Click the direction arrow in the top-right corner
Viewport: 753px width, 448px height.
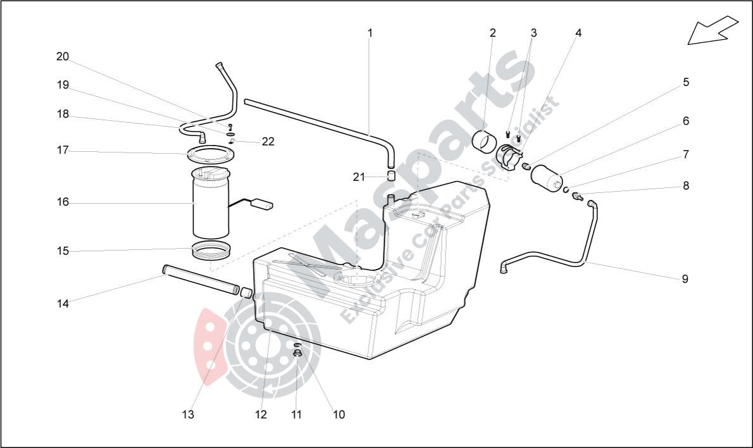(x=713, y=30)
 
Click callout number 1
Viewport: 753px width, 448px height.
(x=370, y=33)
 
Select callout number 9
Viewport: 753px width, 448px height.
(x=685, y=279)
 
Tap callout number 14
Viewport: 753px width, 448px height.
(x=63, y=304)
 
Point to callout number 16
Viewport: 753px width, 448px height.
(x=63, y=202)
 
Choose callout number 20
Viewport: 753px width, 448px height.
(x=63, y=57)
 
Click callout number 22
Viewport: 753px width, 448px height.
(x=268, y=141)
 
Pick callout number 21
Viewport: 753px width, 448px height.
(x=359, y=177)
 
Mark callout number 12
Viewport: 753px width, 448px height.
(x=261, y=414)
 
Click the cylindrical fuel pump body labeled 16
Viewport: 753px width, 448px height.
(x=211, y=206)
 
